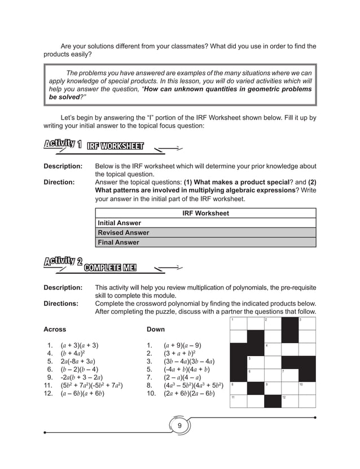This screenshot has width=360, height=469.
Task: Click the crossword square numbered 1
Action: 239,324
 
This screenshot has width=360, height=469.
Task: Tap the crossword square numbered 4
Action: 273,349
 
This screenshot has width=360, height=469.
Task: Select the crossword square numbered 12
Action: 289,401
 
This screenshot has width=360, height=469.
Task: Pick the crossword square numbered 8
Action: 239,388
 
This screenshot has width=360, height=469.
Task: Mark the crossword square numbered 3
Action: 306,324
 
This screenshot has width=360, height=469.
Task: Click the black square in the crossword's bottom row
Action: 273,401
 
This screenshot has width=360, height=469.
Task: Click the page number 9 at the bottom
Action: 179,425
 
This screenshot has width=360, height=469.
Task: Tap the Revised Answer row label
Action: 124,233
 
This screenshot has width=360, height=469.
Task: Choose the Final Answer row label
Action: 118,243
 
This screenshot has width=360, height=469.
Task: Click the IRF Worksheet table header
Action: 206,213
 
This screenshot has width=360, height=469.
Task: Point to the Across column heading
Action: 55,329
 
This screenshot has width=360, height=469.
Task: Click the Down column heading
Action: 156,329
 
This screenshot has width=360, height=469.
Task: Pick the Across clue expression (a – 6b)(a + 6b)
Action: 82,394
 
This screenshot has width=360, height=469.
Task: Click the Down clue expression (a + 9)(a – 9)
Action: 183,345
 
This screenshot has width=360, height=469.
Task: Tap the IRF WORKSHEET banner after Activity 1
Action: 115,147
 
